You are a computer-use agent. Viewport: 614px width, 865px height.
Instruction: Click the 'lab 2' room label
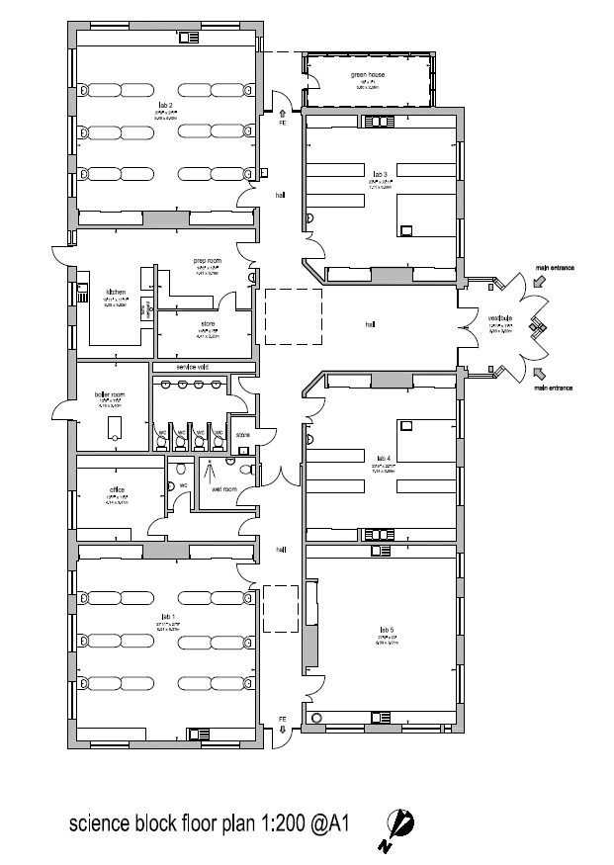(164, 104)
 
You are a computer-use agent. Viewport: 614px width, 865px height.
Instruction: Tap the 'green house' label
(366, 75)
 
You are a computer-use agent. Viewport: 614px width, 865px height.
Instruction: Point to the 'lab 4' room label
(384, 458)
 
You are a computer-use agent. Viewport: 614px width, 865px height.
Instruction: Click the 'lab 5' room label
(386, 630)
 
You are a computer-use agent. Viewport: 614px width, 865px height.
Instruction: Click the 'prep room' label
(206, 260)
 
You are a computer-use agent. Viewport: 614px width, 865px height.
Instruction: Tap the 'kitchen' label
(116, 293)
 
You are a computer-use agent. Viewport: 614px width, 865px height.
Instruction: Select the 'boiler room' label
(109, 393)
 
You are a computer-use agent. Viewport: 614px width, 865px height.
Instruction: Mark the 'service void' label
(192, 367)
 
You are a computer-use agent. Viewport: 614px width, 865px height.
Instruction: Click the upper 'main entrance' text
(555, 266)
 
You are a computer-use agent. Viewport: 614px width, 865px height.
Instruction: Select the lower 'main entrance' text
(555, 389)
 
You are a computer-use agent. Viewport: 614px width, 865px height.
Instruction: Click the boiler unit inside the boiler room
(115, 427)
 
